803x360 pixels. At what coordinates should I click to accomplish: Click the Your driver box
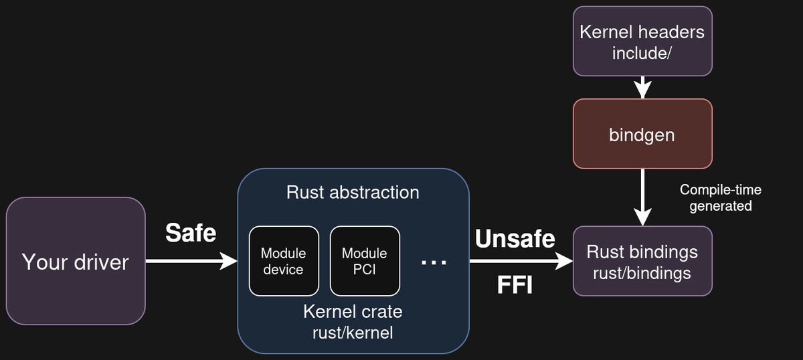pos(76,261)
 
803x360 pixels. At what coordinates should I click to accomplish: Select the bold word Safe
pos(191,233)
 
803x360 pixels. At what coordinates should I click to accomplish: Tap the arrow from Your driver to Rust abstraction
pos(191,261)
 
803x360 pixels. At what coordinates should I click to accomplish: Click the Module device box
pos(283,261)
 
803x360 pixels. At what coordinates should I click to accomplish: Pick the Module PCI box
pos(365,261)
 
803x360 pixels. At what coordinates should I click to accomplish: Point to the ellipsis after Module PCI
pos(434,262)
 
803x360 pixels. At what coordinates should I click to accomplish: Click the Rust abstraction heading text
pos(353,193)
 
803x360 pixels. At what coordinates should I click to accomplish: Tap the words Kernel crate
pos(353,312)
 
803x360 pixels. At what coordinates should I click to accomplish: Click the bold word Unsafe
pos(515,238)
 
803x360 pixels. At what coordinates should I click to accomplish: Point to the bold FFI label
pos(515,286)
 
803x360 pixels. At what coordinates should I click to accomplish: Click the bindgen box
pos(642,134)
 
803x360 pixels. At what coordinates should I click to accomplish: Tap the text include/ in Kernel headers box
pos(642,52)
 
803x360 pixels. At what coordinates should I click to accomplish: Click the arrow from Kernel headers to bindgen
pos(642,87)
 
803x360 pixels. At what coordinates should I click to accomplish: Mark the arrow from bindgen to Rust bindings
pos(642,197)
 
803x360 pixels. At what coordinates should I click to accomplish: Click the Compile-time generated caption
pos(721,198)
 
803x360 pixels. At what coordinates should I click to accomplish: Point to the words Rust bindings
pos(642,252)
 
